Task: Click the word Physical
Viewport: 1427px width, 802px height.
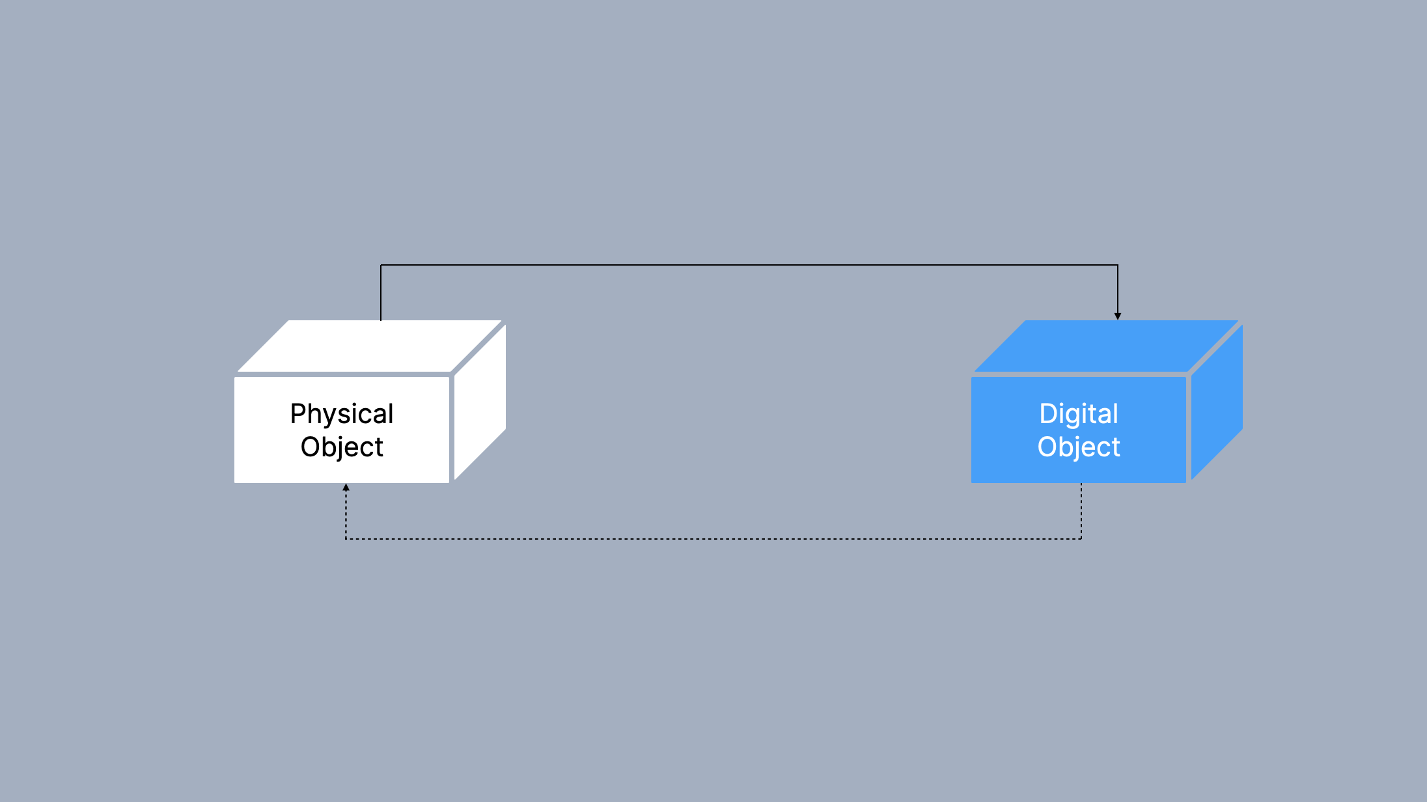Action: click(342, 414)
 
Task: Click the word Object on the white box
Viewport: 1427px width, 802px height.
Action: click(342, 447)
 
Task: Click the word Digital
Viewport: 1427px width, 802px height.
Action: click(1079, 414)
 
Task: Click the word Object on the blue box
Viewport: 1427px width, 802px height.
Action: click(1079, 447)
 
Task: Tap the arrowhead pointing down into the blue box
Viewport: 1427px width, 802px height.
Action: click(1118, 316)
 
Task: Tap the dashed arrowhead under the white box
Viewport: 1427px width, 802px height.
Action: click(346, 487)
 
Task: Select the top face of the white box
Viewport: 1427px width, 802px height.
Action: click(369, 346)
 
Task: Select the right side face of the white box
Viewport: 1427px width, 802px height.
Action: click(480, 402)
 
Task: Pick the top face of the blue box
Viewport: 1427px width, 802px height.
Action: click(1106, 346)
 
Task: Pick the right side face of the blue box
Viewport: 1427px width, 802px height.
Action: click(1217, 402)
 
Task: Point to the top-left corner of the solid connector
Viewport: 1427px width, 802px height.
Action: click(381, 265)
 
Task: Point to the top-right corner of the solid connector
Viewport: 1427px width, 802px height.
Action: click(1118, 265)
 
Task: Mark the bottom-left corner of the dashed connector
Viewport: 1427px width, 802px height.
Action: click(346, 539)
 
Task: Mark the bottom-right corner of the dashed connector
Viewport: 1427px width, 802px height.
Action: click(1081, 539)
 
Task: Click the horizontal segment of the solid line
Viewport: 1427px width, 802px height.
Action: click(749, 265)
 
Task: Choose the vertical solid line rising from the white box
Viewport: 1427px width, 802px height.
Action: click(381, 293)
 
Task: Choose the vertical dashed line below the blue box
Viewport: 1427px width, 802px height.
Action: click(1081, 511)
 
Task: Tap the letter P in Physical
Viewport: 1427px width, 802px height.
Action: click(297, 414)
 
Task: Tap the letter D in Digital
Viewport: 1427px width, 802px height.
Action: click(1047, 414)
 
